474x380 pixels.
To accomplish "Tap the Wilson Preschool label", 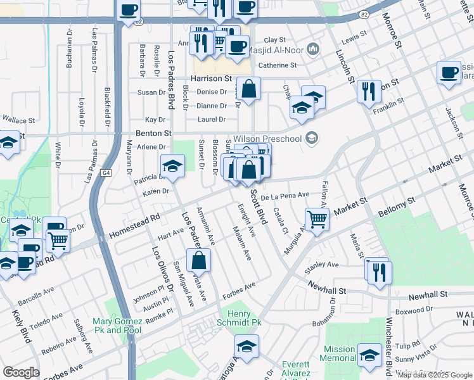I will click(267, 137).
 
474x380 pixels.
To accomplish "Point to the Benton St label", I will click(155, 134).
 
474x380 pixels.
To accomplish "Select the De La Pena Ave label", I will click(285, 196).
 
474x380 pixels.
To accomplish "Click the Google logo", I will click(21, 372).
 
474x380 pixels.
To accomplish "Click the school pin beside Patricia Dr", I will click(172, 165).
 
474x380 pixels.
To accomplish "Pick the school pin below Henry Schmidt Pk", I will click(247, 345).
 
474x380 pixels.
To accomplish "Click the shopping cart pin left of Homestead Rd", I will click(58, 239).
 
